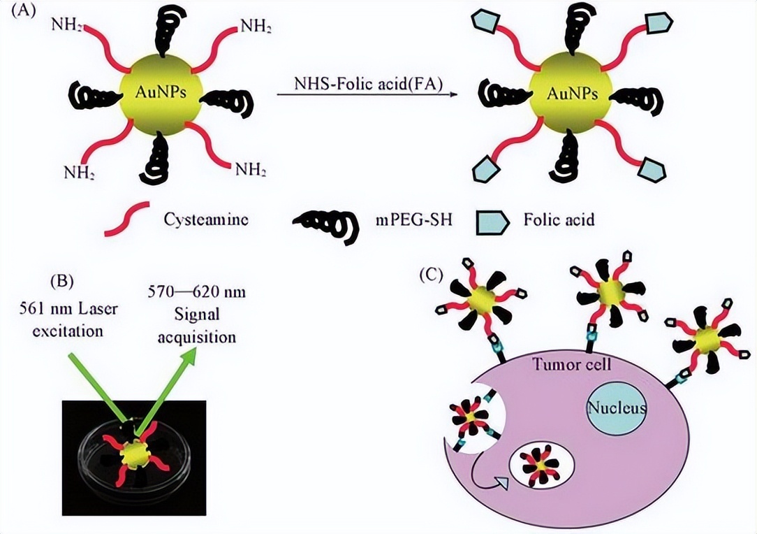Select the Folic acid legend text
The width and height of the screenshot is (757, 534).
coord(559,219)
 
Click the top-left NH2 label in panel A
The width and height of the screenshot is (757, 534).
coord(68,25)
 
